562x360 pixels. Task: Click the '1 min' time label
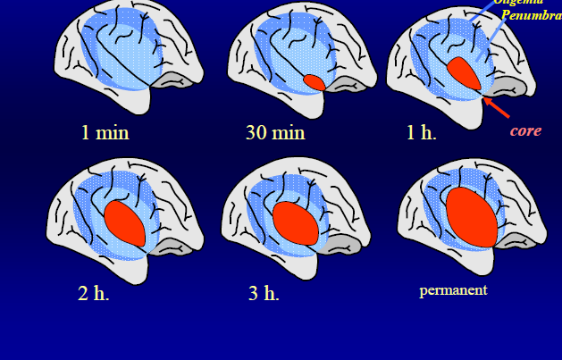coord(105,133)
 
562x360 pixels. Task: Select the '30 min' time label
coord(275,133)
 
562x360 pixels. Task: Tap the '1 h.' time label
coord(421,133)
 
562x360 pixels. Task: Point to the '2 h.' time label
coord(93,293)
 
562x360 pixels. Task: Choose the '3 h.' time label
coord(264,293)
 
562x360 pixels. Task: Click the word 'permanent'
coord(453,290)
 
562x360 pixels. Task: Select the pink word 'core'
coord(525,130)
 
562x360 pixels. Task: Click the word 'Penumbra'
coord(531,15)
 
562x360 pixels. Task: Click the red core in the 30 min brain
coord(314,82)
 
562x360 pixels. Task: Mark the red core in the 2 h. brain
coord(125,222)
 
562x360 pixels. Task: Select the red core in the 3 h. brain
coord(296,222)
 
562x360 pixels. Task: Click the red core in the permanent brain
coord(471,218)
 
